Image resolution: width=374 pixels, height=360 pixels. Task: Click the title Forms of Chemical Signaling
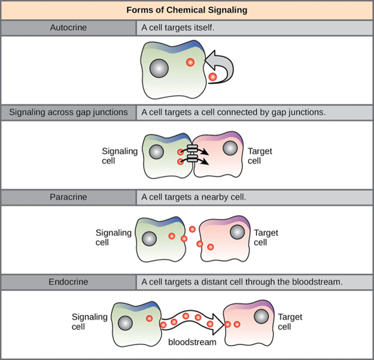click(187, 10)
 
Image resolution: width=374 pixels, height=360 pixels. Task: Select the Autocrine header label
click(68, 27)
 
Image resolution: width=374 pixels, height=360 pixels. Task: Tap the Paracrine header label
click(68, 197)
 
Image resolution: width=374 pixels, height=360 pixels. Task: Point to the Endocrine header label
click(68, 282)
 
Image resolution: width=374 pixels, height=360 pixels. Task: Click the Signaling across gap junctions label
click(68, 113)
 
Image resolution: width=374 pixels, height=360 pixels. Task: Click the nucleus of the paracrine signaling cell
click(149, 239)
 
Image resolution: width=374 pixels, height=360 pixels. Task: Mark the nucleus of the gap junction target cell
click(230, 149)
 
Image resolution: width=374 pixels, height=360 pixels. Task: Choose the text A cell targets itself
click(178, 27)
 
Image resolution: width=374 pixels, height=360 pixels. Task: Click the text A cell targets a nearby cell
click(194, 197)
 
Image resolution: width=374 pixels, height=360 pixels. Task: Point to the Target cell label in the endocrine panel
click(290, 322)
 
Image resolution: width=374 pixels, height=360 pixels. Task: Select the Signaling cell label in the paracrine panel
click(113, 238)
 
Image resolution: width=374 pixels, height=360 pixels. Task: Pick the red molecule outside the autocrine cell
click(212, 77)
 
